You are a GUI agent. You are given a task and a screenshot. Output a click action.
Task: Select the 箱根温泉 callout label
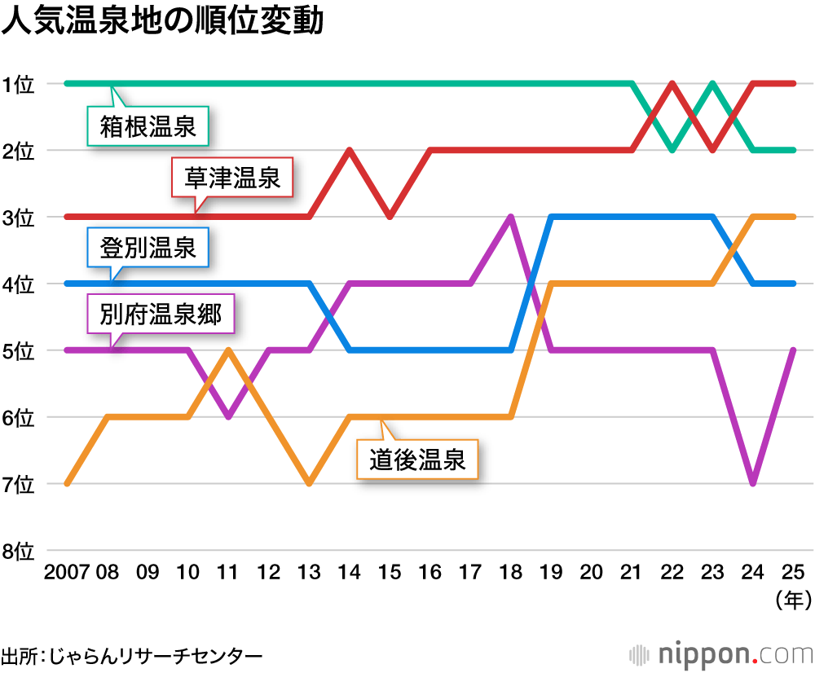[x=148, y=127]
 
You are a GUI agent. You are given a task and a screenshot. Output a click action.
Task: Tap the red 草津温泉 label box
[x=231, y=178]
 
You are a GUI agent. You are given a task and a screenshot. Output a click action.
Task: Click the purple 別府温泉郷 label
[x=160, y=314]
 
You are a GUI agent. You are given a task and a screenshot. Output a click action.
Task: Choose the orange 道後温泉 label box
[x=416, y=460]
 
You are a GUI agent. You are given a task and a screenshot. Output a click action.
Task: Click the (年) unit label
[x=793, y=601]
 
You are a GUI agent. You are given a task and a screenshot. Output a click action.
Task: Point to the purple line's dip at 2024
[x=753, y=483]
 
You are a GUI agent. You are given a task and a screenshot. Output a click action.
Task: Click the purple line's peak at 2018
[x=510, y=217]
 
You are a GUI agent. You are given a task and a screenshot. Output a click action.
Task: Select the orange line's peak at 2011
[x=229, y=350]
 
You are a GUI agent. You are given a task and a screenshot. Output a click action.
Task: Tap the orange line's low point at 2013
[x=309, y=483]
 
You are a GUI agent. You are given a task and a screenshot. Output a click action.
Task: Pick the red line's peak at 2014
[x=350, y=150]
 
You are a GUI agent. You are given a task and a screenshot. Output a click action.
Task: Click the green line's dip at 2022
[x=672, y=150]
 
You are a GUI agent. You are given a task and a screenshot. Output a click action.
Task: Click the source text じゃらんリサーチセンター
[x=155, y=656]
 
